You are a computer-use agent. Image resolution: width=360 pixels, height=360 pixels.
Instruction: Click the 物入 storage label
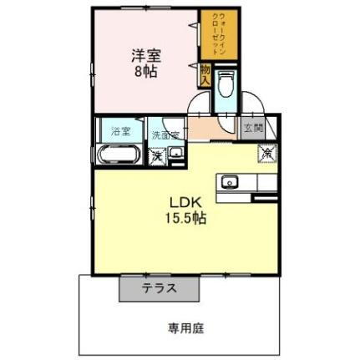click(205, 75)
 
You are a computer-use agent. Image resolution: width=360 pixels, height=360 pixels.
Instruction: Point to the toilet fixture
click(226, 86)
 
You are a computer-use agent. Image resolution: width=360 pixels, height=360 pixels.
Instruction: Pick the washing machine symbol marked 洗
click(157, 155)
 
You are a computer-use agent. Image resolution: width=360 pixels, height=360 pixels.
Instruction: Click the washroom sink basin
click(176, 154)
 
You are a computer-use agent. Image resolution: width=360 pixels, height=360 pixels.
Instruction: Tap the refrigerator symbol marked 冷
click(266, 152)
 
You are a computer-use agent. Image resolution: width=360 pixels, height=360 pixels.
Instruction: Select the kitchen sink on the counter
click(229, 182)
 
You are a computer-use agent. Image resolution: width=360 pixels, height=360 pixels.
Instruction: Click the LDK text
click(186, 203)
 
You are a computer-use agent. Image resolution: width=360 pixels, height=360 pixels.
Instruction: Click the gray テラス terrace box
click(159, 286)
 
